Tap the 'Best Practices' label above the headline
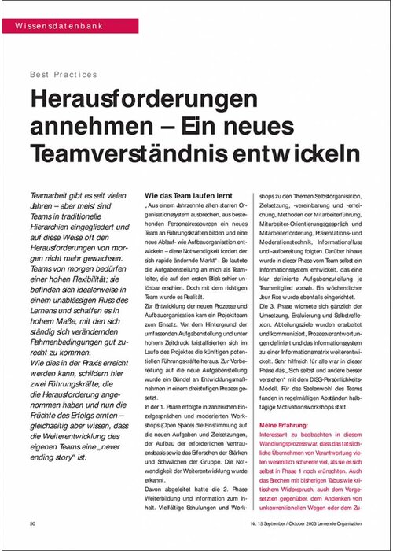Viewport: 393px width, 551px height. click(63, 75)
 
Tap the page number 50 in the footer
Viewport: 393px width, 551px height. click(33, 522)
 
